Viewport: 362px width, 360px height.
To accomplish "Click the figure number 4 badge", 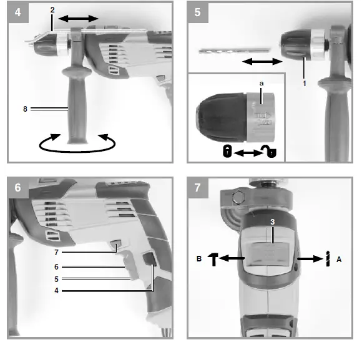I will click(17, 12).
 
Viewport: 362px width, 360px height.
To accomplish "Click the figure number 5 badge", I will click(198, 12).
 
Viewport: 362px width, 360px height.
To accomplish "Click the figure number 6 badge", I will click(17, 187).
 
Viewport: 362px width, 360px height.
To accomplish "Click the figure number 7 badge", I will click(198, 187).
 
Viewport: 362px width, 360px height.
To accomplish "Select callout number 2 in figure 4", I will click(52, 11).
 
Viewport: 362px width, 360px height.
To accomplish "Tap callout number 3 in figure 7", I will click(273, 221).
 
